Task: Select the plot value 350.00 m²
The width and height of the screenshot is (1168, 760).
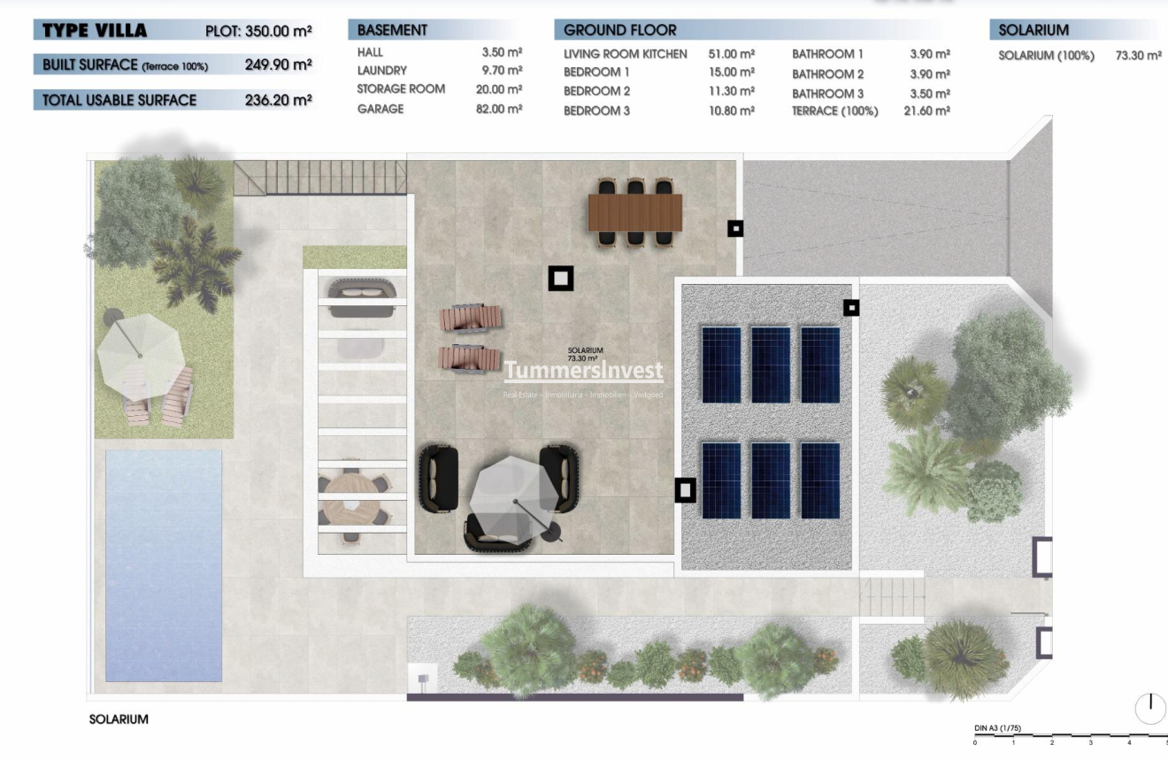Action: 282,32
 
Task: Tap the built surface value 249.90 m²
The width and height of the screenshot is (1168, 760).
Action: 278,65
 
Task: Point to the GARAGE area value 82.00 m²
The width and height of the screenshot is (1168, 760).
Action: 498,110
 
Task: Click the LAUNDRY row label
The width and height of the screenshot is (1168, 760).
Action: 381,70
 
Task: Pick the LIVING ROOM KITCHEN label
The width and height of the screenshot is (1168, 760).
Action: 625,54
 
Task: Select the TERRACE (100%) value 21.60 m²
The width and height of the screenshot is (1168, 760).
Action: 926,111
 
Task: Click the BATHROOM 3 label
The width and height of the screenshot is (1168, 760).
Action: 827,93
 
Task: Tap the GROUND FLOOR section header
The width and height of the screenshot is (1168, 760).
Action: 619,30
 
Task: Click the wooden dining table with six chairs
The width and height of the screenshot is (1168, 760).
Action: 634,212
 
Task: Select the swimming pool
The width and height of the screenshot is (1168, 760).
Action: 163,565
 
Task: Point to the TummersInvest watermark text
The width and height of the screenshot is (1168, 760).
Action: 583,371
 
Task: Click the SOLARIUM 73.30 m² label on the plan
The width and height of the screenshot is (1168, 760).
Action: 585,355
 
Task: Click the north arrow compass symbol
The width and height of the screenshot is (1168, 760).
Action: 1150,709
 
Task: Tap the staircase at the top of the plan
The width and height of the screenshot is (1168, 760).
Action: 319,177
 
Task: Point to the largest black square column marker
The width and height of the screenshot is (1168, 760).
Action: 560,279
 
